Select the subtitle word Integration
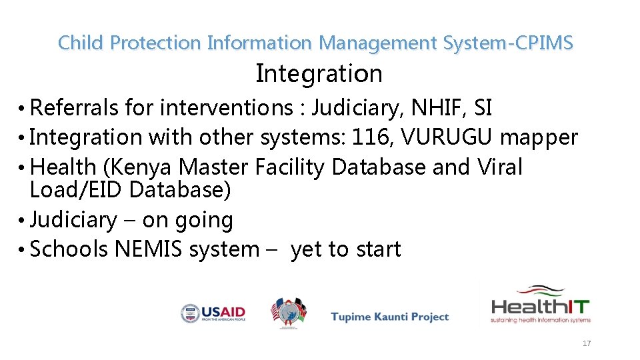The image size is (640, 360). pos(319,73)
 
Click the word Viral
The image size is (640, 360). pos(500,167)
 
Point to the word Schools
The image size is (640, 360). pos(70,249)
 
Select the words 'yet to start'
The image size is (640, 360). pos(346,249)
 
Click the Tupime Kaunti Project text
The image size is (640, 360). pos(390,317)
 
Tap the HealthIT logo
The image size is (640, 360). pos(541,306)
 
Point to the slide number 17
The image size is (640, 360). pos(587,343)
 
